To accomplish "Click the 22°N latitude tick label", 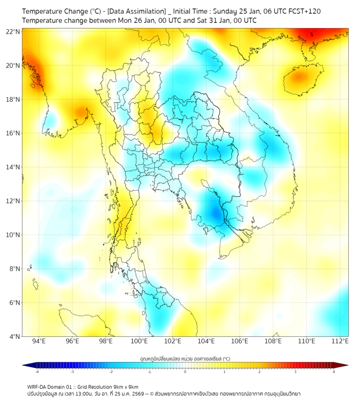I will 13,31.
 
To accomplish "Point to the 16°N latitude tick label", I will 13,133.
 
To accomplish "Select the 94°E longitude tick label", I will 39,341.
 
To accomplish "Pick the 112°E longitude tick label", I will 340,341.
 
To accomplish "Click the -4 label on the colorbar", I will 37,372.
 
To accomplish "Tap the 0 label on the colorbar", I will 185,372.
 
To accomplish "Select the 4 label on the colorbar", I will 334,372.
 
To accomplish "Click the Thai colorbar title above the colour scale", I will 185,358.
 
